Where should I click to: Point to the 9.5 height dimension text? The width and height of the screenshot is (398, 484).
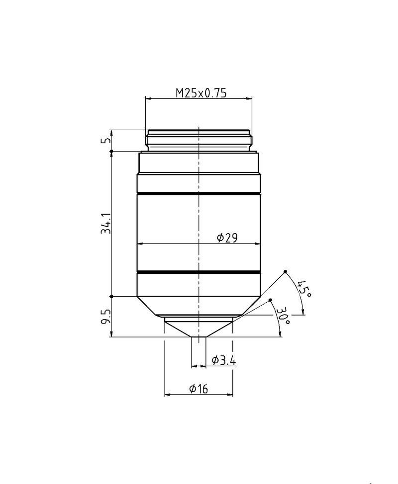pos(105,317)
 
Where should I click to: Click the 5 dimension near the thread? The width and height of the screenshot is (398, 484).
pos(105,141)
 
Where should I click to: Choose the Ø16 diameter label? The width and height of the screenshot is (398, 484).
pos(198,389)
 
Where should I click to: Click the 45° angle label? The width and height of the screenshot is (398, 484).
pos(303,289)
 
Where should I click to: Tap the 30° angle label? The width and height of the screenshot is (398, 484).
pos(284,315)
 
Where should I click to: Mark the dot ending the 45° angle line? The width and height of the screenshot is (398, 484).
pos(285,271)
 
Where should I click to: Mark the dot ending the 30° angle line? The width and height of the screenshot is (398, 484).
pos(270,300)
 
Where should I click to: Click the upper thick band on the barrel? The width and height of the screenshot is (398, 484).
pos(199,193)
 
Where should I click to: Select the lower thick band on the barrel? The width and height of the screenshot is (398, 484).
pos(199,272)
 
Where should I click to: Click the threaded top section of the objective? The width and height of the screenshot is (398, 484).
pos(199,140)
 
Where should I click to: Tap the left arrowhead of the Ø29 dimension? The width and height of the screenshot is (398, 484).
pos(140,243)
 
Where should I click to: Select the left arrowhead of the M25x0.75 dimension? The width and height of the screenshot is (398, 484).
pos(148,98)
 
